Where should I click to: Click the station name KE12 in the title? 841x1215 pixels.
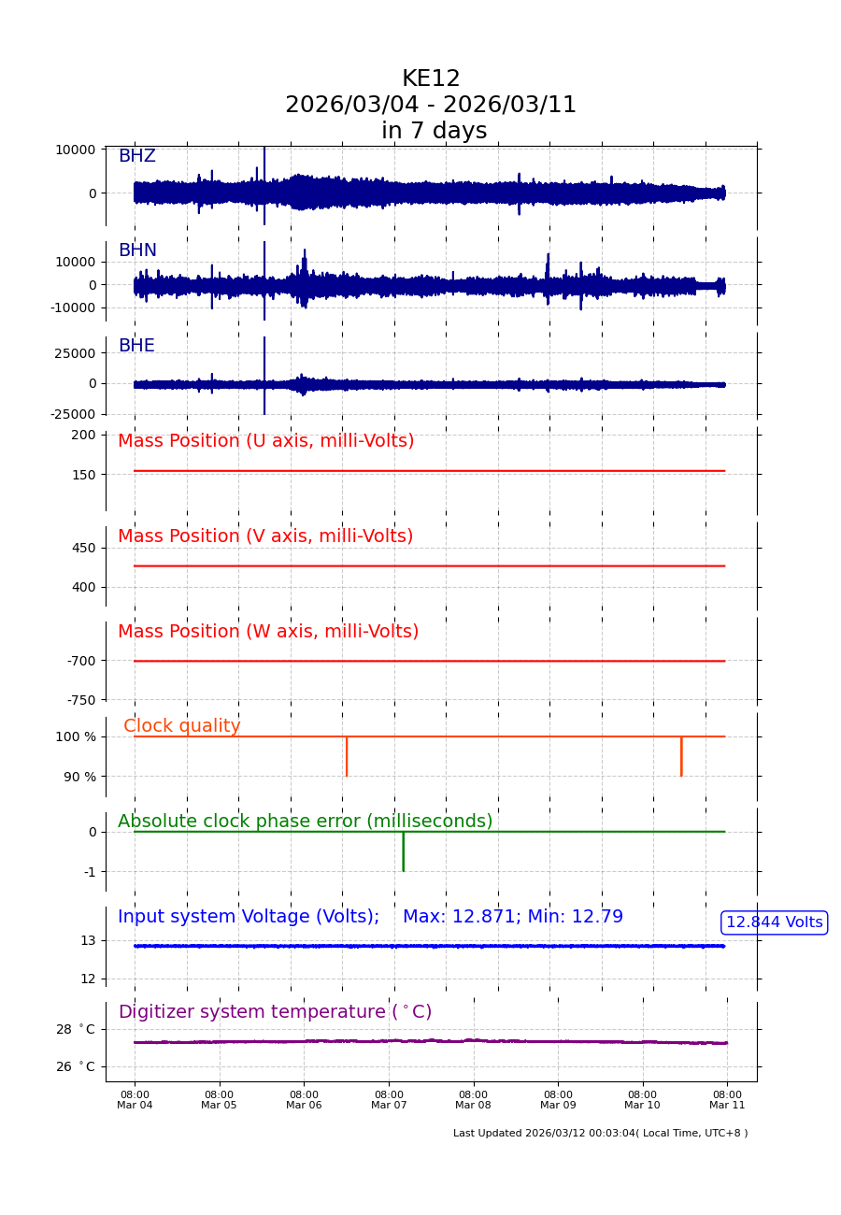(431, 79)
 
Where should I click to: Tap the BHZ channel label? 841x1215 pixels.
(136, 156)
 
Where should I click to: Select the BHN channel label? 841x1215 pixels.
(137, 250)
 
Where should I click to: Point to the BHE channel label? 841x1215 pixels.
(136, 346)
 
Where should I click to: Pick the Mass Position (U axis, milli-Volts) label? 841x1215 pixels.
(265, 441)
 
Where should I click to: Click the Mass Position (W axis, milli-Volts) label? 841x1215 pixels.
(267, 632)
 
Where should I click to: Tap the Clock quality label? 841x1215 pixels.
(181, 726)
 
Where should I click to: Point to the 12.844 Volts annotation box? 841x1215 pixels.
(774, 922)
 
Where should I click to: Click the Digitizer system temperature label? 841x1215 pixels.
(275, 1012)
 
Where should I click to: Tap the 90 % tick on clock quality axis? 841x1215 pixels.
(79, 777)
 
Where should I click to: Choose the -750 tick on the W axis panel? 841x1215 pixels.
(80, 700)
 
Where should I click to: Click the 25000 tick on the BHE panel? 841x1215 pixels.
(75, 353)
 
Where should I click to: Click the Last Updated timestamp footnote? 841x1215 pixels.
(600, 1134)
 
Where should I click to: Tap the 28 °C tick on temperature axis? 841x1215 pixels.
(75, 1029)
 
